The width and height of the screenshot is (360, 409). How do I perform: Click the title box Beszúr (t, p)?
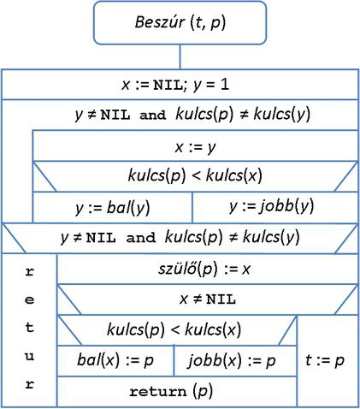180,23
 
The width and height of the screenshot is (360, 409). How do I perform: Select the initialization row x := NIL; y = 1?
175,85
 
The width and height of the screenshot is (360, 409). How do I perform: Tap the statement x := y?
195,147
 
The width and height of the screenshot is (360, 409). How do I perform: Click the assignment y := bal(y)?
113,208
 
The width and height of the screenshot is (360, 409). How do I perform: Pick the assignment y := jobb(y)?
271,206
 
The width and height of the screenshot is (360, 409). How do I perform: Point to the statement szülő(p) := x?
204,269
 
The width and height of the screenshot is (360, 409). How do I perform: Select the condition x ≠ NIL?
208,299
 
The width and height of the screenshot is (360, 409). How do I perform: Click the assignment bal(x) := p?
115,360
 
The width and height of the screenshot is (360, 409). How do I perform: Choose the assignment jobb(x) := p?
232,361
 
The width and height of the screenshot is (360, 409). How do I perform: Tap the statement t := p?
325,360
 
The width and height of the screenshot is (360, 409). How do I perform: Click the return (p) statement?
171,392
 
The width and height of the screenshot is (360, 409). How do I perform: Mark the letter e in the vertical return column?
30,300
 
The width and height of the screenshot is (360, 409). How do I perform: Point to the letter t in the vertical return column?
30,327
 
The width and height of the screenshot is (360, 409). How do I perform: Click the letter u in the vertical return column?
30,357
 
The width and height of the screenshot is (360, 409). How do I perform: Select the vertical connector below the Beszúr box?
180,56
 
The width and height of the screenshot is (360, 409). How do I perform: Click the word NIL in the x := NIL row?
168,86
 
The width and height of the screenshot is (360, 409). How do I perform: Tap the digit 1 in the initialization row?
225,85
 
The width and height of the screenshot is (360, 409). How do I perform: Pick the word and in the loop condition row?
152,115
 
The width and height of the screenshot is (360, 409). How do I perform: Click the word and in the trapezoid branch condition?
141,238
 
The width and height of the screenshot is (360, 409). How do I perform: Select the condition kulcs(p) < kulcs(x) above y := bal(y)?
195,175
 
